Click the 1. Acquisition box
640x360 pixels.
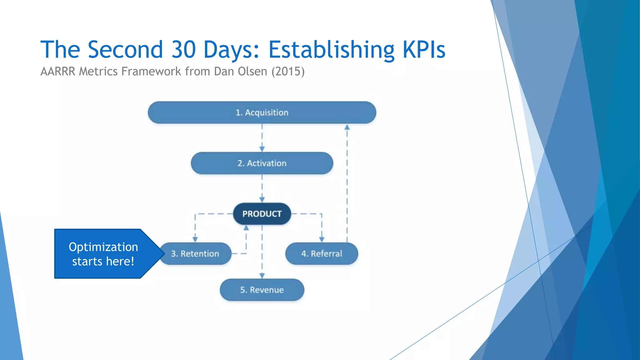pos(262,112)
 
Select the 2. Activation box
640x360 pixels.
pos(262,163)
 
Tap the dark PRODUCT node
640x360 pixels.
pos(262,214)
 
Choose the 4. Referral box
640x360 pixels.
pos(322,253)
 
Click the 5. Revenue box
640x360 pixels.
pos(262,290)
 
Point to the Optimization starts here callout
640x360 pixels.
pos(103,254)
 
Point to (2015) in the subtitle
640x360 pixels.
pos(288,72)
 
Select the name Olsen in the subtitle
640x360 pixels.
pos(252,72)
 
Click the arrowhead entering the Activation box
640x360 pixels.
pos(262,149)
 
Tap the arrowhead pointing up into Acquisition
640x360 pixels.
pos(347,127)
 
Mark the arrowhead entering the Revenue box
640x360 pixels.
pos(262,276)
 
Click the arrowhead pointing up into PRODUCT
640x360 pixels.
pos(246,228)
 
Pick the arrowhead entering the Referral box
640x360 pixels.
pos(322,239)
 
